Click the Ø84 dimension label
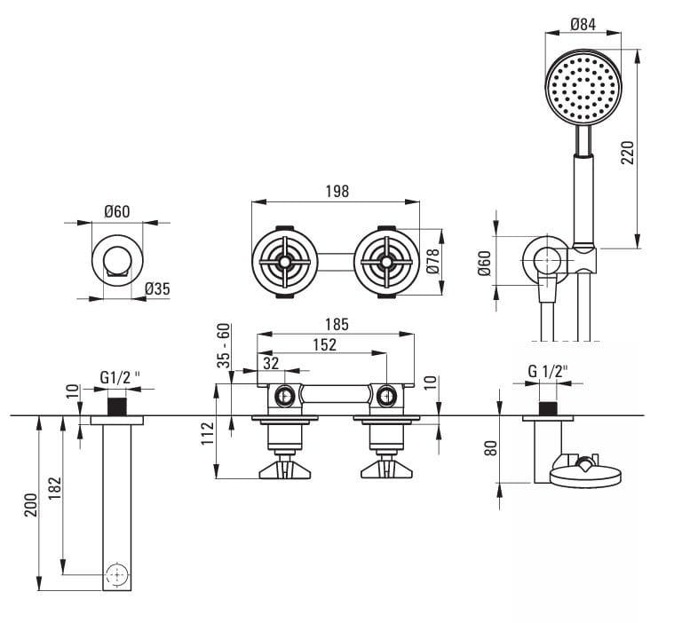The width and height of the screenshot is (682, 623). point(582,24)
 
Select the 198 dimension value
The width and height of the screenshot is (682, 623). point(337,191)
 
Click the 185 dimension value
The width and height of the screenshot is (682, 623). point(336,324)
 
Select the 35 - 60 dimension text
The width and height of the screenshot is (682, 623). point(224,345)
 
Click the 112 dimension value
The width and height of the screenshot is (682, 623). point(208,433)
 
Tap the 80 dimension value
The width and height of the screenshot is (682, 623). point(488,447)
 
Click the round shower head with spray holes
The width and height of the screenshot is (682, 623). point(583,87)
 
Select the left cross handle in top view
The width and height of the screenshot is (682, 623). point(284,263)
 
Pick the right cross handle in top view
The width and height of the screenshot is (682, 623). point(386,263)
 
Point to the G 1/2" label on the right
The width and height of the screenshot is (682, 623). point(548,371)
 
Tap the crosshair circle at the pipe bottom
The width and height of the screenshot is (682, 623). point(116,574)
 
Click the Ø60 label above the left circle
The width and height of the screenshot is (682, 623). point(117,211)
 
